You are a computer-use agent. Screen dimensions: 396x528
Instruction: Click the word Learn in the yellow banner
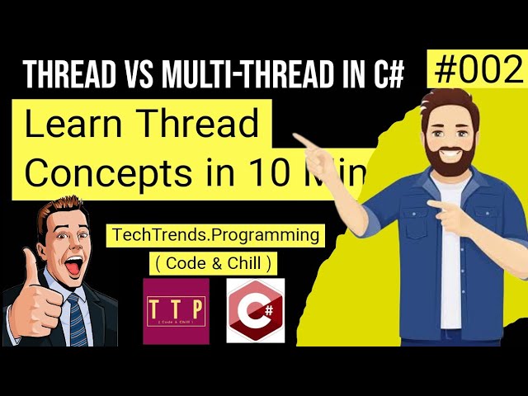(x=73, y=125)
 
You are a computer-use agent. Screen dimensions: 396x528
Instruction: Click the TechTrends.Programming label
(x=214, y=235)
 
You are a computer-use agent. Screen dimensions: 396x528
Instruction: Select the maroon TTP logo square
(x=176, y=310)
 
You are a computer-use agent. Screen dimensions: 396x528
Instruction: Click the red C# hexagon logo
(x=255, y=310)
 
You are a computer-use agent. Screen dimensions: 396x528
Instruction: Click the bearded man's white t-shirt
(x=450, y=247)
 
